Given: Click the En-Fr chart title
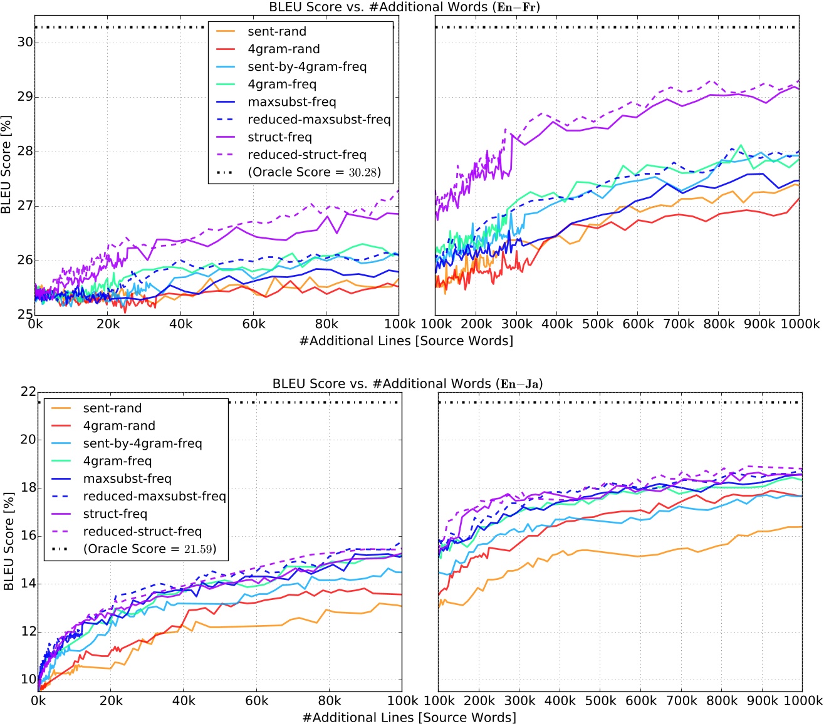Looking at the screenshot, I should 404,8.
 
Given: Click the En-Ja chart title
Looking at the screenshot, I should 407,384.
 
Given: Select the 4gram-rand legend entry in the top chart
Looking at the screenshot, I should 283,49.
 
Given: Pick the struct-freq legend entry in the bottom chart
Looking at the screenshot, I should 115,514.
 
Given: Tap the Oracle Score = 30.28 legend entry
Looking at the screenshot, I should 314,172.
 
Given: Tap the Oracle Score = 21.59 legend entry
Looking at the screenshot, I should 149,549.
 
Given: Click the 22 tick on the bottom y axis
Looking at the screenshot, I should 28,391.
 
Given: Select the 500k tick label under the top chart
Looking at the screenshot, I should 597,324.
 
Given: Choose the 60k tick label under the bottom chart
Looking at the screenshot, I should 256,701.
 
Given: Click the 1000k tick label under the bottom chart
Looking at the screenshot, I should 801,701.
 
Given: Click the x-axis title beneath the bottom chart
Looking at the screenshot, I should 409,718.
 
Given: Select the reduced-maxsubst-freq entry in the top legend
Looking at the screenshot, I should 319,120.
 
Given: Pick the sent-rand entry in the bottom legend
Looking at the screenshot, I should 112,408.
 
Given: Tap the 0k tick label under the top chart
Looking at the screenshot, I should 35,324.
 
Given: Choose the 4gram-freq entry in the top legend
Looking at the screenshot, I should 282,85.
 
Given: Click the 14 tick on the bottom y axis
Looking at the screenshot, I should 28,584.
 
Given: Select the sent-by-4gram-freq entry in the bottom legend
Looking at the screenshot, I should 142,443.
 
